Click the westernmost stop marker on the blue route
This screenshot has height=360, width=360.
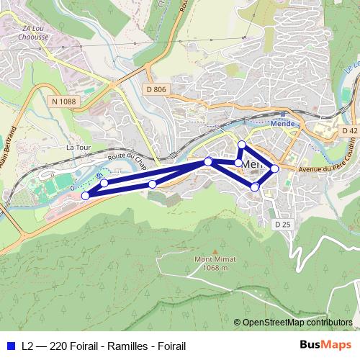pyautogui.click(x=86, y=195)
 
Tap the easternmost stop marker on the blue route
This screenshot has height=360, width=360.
pyautogui.click(x=274, y=168)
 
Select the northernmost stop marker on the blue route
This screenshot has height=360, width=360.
pyautogui.click(x=242, y=145)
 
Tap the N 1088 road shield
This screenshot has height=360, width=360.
pyautogui.click(x=63, y=102)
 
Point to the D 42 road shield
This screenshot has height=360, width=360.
pyautogui.click(x=349, y=130)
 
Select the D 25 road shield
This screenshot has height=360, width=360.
pyautogui.click(x=282, y=225)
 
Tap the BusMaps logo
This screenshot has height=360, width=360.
pyautogui.click(x=326, y=345)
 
